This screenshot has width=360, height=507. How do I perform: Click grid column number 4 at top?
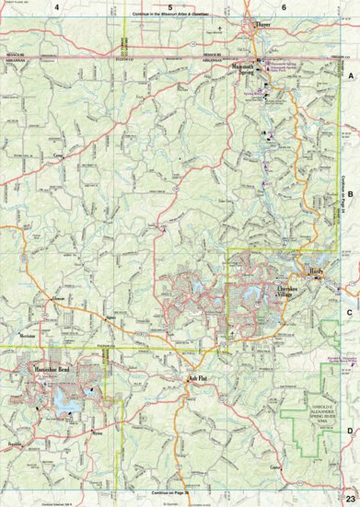pos(57,7)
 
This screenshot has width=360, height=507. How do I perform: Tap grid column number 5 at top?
pos(169,7)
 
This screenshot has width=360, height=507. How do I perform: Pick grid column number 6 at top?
pos(284,7)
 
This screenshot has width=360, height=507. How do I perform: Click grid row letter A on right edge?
pos(350,79)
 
